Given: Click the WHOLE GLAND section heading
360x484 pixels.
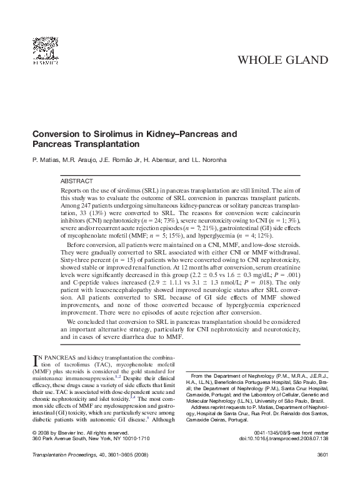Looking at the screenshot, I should click(284, 60).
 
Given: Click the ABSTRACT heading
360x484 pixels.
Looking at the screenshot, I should click(77, 180).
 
